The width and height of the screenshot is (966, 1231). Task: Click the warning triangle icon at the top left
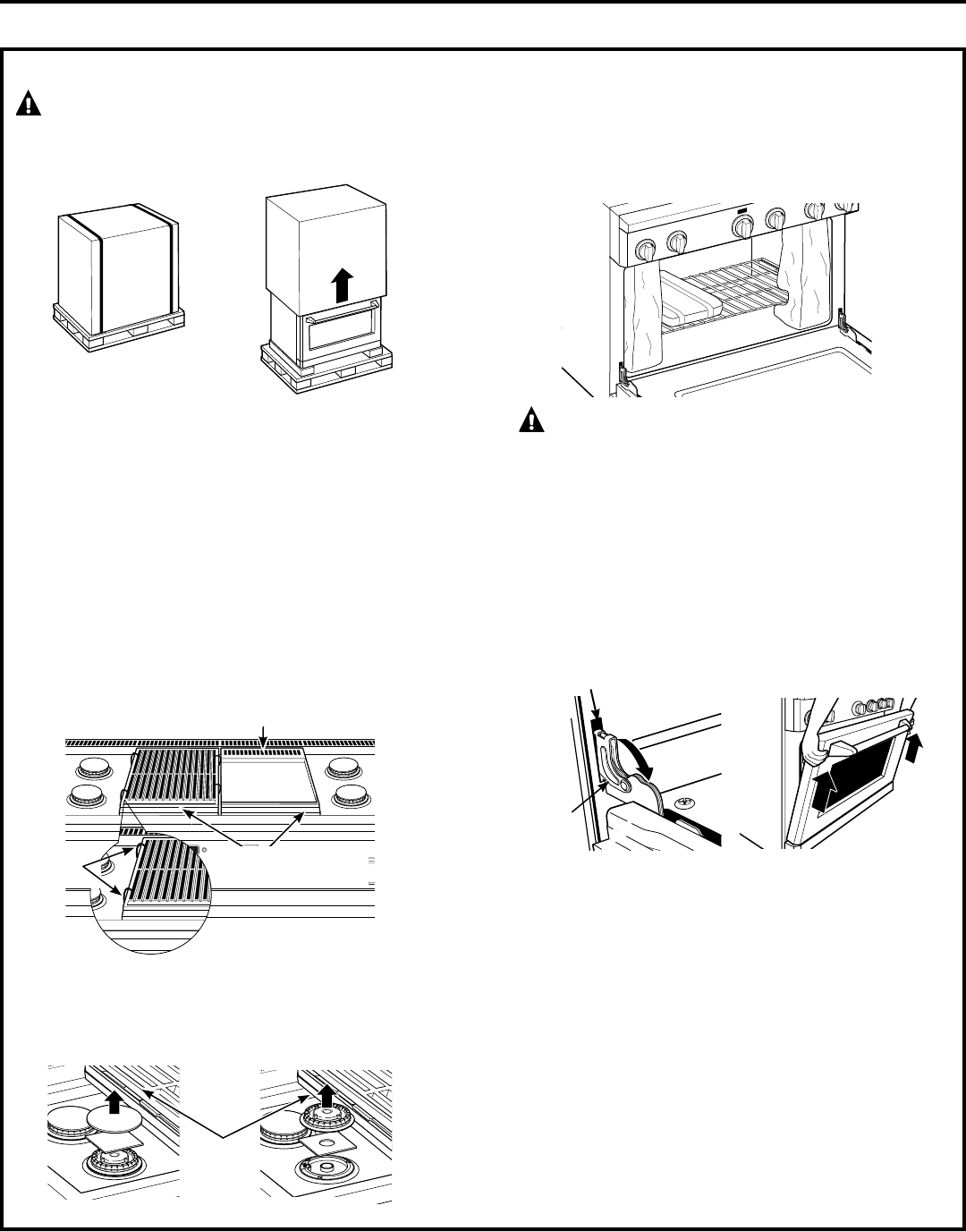[x=30, y=105]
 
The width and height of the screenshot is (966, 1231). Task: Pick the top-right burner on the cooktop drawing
[x=341, y=767]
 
